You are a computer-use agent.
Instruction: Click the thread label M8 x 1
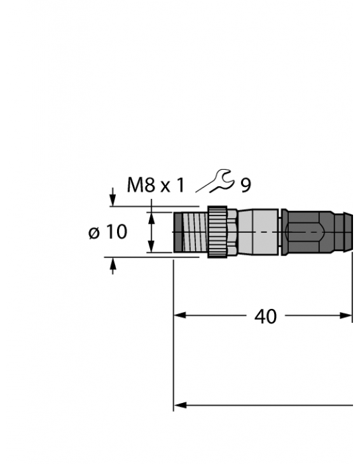pos(155,185)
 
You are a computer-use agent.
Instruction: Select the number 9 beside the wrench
pos(246,186)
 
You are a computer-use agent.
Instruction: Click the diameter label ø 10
pos(107,232)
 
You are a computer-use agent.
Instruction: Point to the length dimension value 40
pos(265,316)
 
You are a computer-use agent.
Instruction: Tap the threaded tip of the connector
pos(190,232)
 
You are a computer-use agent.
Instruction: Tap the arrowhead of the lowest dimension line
pos(179,405)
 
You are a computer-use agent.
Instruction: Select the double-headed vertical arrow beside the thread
pos(151,232)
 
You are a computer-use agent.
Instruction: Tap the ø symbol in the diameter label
pos(94,233)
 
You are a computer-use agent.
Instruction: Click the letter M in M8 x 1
pos(135,185)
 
